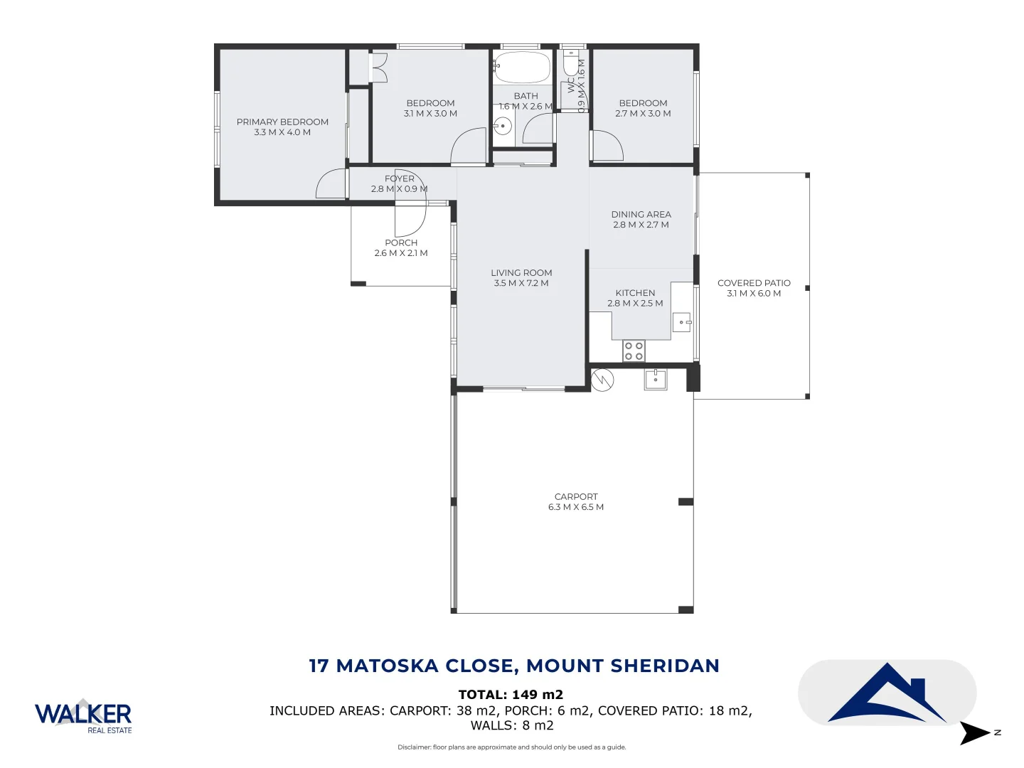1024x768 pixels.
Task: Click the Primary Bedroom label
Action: pyautogui.click(x=282, y=122)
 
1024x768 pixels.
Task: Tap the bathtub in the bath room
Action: pyautogui.click(x=522, y=68)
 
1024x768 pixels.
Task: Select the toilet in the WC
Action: pyautogui.click(x=570, y=64)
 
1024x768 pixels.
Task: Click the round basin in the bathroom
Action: pyautogui.click(x=502, y=127)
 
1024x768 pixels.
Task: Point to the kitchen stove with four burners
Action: pyautogui.click(x=634, y=351)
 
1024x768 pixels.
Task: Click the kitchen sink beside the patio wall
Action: pyautogui.click(x=681, y=323)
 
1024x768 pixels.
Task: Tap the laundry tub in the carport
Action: pyautogui.click(x=655, y=380)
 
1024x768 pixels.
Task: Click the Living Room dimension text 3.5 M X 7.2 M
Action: pyautogui.click(x=521, y=283)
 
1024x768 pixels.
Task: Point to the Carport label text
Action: pyautogui.click(x=576, y=497)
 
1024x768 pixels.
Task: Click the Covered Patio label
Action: pyautogui.click(x=754, y=283)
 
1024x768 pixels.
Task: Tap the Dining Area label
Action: pyautogui.click(x=641, y=214)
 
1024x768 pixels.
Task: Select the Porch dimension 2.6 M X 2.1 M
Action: pyautogui.click(x=401, y=253)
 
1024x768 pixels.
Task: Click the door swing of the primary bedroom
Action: pyautogui.click(x=330, y=186)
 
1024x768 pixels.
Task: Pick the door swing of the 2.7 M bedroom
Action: pyautogui.click(x=607, y=146)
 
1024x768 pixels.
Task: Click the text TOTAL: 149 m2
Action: pyautogui.click(x=511, y=695)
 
